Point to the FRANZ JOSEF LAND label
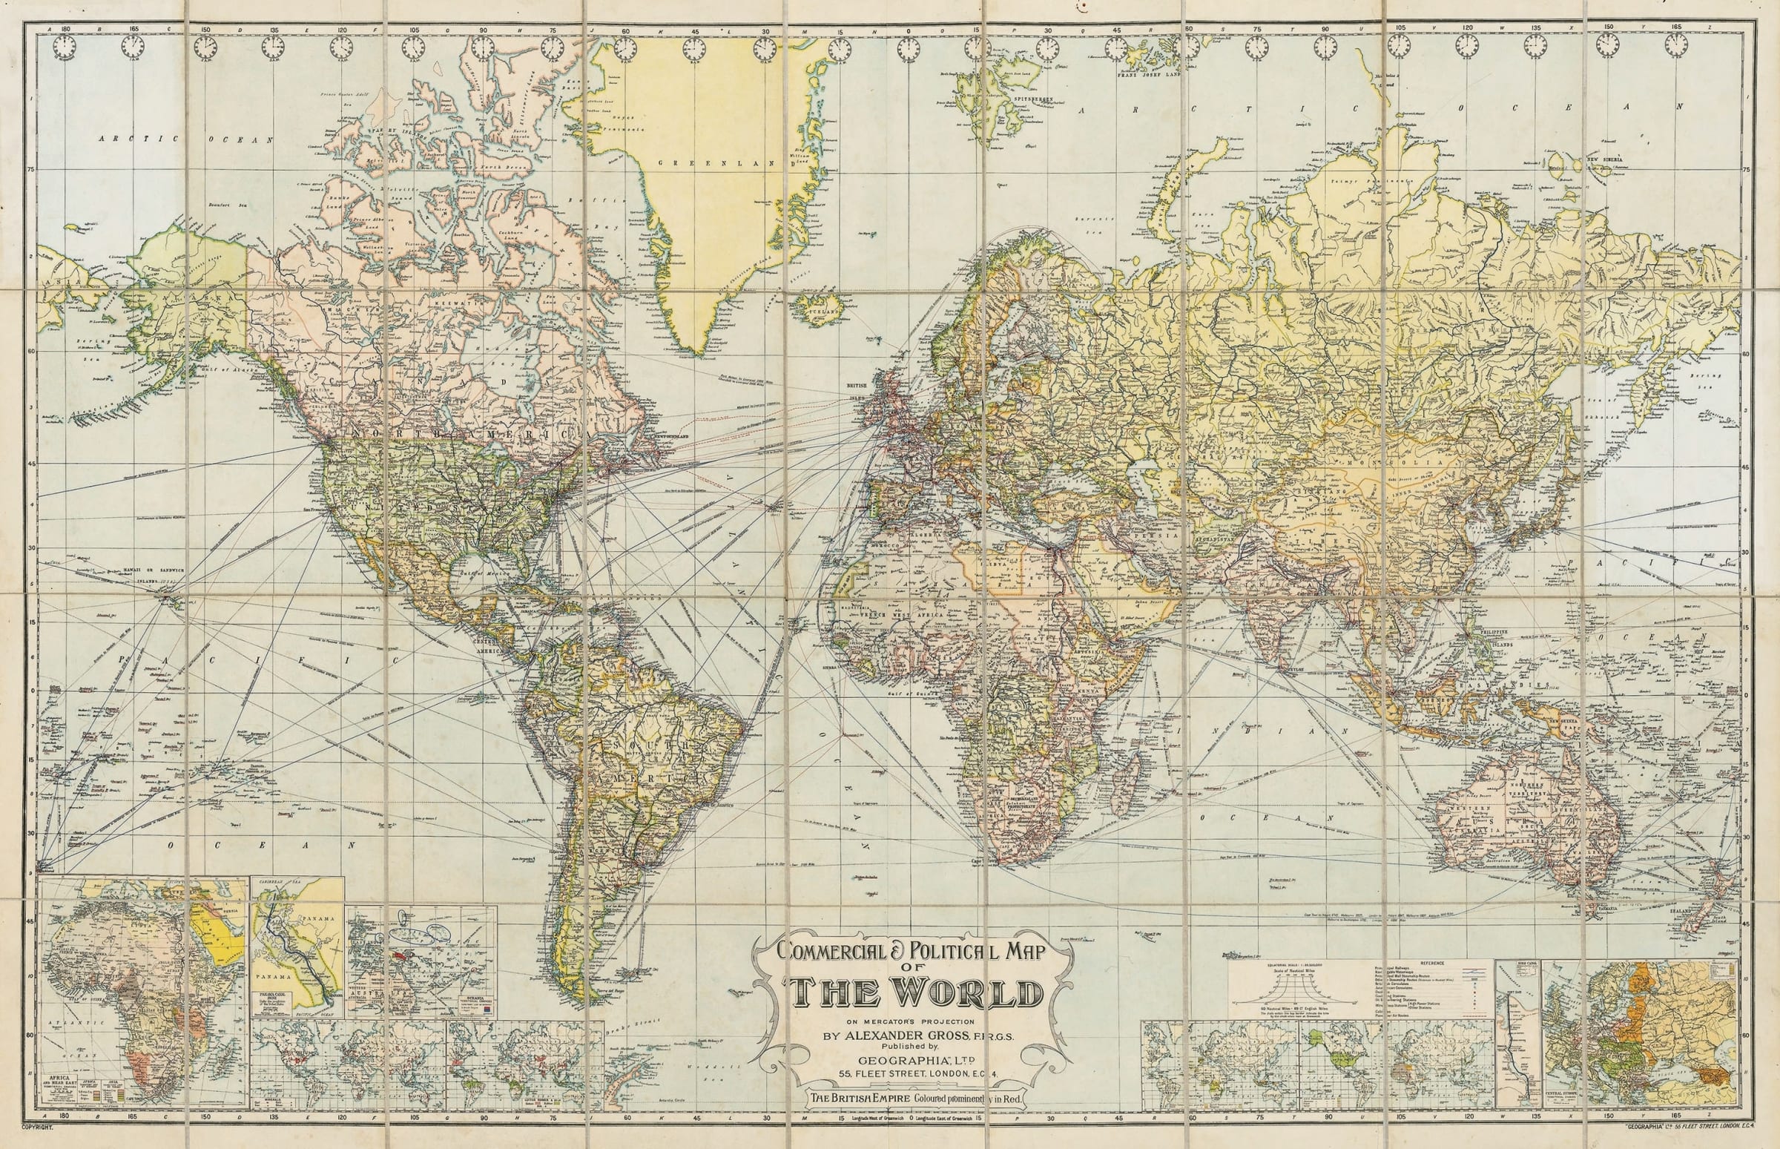(1149, 75)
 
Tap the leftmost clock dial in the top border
(65, 47)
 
